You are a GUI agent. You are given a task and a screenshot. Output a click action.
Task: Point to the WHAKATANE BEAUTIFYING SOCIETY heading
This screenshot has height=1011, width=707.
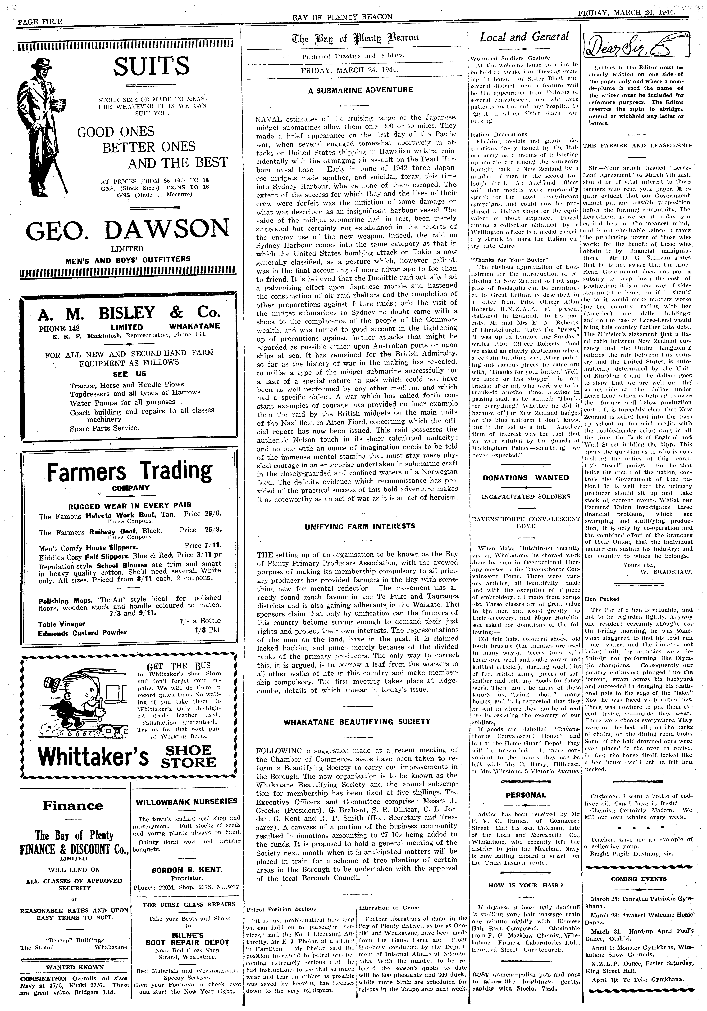pyautogui.click(x=357, y=722)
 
